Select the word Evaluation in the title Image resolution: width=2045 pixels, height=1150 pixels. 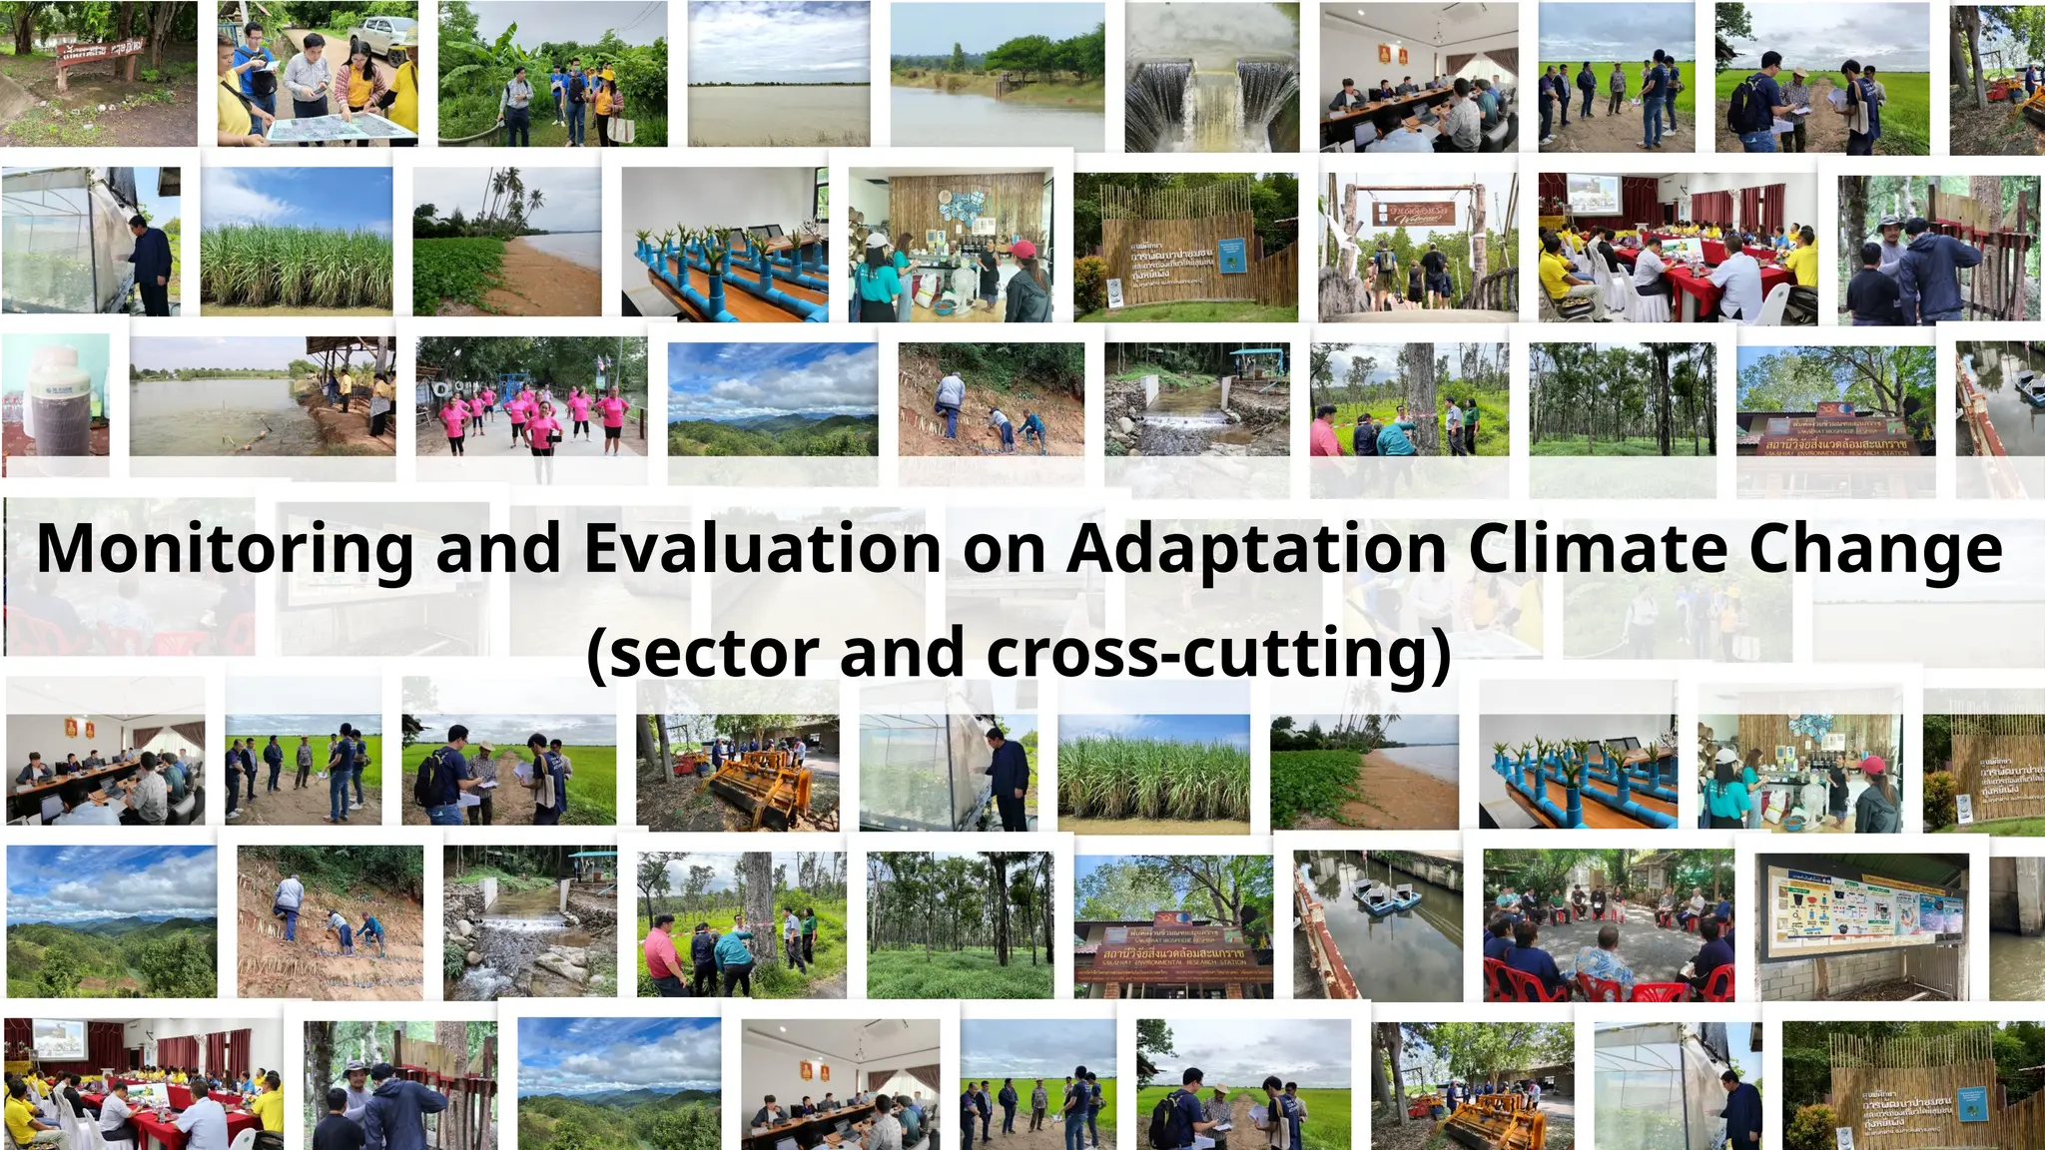click(762, 550)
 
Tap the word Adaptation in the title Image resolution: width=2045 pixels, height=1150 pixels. click(1257, 550)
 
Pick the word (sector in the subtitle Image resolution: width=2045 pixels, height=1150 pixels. click(703, 654)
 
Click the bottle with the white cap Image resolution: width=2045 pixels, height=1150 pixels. click(55, 394)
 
